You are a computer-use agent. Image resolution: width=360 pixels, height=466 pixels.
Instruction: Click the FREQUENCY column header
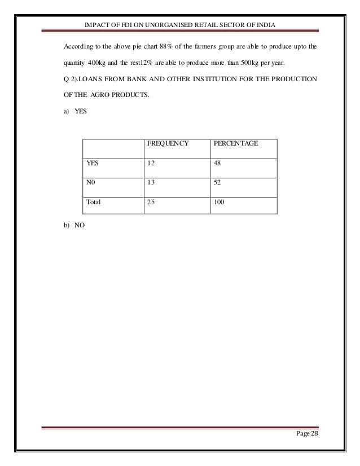tap(167, 144)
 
